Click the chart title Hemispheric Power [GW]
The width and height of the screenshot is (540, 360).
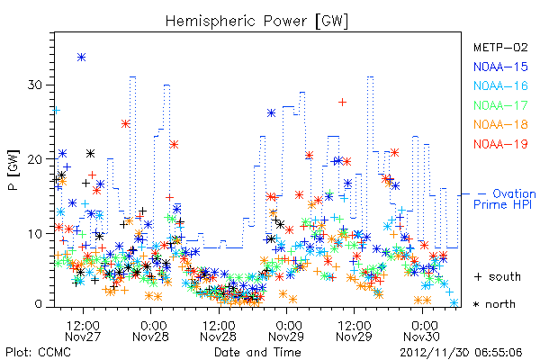(256, 21)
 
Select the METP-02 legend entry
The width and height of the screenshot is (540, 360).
(500, 47)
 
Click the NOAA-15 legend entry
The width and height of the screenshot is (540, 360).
(500, 67)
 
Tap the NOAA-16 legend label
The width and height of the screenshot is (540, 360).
(500, 85)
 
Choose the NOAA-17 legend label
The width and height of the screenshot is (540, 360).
(500, 105)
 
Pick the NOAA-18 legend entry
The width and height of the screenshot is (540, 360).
(500, 124)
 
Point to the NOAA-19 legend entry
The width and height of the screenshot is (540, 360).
(500, 144)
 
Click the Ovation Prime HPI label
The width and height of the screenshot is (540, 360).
(505, 199)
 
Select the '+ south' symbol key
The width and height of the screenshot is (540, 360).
(498, 276)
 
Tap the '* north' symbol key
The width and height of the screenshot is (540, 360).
(494, 304)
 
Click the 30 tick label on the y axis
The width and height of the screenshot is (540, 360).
(35, 85)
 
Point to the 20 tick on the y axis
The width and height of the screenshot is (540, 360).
(35, 159)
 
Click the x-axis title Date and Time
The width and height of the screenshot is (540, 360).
(257, 352)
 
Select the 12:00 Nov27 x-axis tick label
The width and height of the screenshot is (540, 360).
(83, 330)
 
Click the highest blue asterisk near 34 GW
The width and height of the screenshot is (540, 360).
(81, 58)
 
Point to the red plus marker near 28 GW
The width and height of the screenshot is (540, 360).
(342, 102)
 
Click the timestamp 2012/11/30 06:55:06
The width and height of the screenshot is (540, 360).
(461, 353)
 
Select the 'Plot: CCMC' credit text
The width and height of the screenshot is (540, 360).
(38, 353)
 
